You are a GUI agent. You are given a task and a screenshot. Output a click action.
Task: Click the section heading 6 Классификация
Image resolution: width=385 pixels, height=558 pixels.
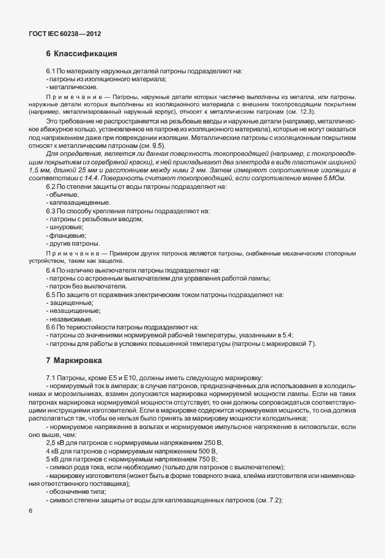pyautogui.click(x=82, y=53)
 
